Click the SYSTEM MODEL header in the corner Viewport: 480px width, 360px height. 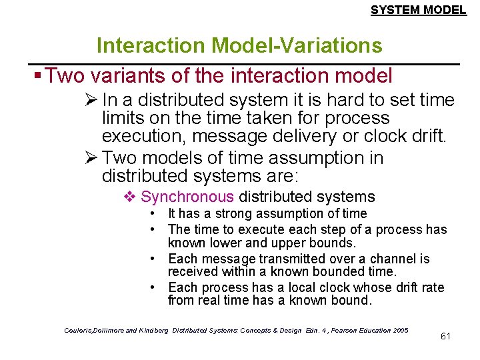point(418,10)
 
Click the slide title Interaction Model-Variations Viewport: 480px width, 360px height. point(239,45)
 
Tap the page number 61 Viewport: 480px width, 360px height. point(445,335)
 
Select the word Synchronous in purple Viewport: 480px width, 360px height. point(187,197)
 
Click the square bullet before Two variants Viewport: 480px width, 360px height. point(39,75)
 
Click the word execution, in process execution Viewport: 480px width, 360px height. point(139,137)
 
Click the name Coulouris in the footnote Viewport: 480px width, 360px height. point(79,330)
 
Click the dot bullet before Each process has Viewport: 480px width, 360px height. point(153,288)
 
